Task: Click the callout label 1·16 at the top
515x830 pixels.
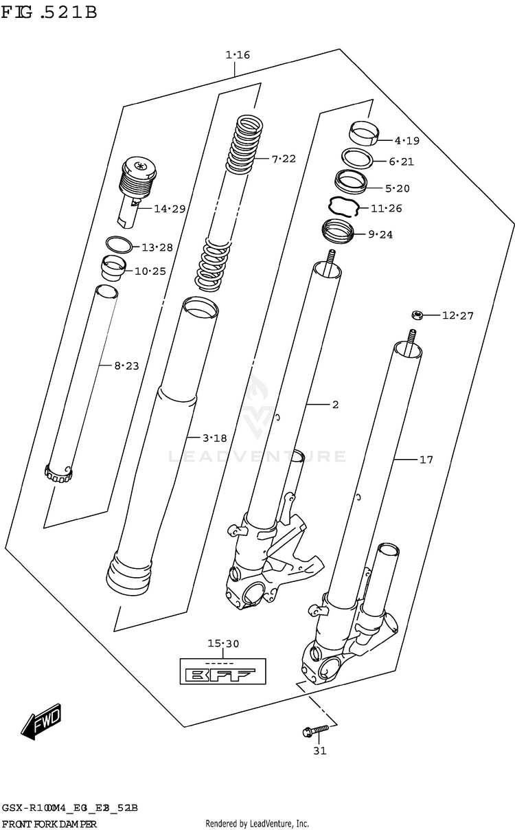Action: [x=238, y=54]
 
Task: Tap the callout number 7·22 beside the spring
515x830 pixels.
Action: [x=283, y=159]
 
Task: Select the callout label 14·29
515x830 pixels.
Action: [x=169, y=208]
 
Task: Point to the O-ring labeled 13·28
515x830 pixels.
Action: [x=119, y=244]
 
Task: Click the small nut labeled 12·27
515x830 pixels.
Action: [x=415, y=315]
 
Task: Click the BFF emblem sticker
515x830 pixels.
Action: [x=223, y=671]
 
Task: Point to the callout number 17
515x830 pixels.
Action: [x=426, y=460]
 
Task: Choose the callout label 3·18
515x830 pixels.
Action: [x=214, y=437]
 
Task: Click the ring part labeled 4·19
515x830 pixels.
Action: [x=366, y=133]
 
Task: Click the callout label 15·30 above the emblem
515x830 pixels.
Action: [x=223, y=644]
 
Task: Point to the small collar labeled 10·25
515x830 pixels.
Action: [x=112, y=267]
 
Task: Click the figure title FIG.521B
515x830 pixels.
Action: [x=49, y=13]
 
